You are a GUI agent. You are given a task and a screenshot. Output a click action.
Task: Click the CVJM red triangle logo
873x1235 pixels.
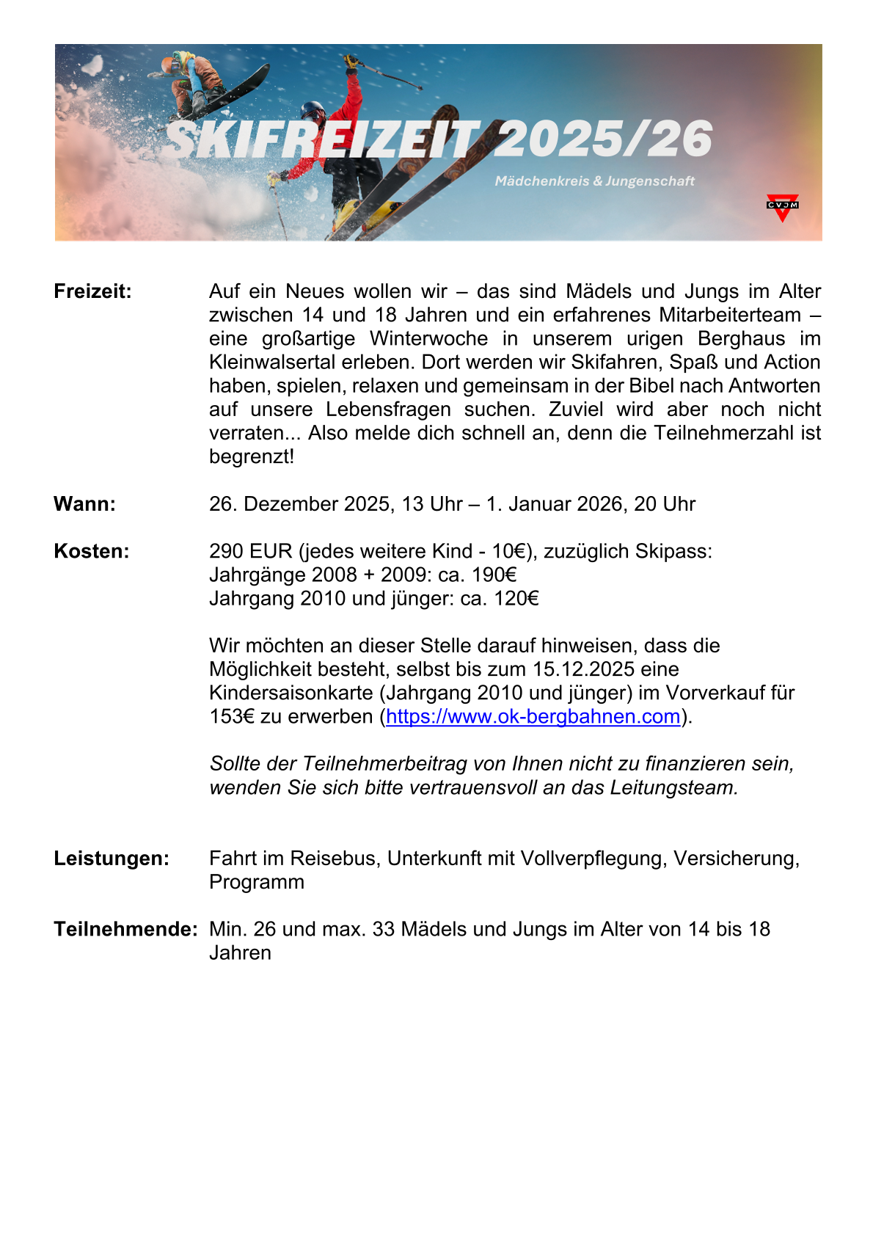[x=782, y=207]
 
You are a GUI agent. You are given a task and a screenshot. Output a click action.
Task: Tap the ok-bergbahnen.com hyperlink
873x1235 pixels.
[x=533, y=716]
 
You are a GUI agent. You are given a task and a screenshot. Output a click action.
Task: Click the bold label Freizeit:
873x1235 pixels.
[x=92, y=291]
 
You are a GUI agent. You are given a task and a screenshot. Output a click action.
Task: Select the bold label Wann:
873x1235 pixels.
[x=84, y=504]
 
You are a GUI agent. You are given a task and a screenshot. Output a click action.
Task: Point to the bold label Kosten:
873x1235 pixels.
[x=91, y=551]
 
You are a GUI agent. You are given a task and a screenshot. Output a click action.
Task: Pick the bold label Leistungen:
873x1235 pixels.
[x=112, y=859]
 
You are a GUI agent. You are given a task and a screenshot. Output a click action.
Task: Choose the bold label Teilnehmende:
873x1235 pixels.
[x=125, y=929]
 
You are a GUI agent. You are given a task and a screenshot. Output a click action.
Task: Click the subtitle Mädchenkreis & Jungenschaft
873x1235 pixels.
[x=594, y=181]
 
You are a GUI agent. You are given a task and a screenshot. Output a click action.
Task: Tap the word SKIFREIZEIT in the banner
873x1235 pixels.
[x=323, y=139]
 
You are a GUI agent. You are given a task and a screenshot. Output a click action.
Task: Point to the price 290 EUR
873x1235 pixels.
[x=250, y=551]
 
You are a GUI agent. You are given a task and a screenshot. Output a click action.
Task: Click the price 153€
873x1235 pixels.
[x=232, y=716]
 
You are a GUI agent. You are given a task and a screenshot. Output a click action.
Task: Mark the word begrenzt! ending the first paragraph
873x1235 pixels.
[x=252, y=456]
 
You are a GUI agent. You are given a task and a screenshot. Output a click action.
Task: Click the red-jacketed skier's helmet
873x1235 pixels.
[x=313, y=112]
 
